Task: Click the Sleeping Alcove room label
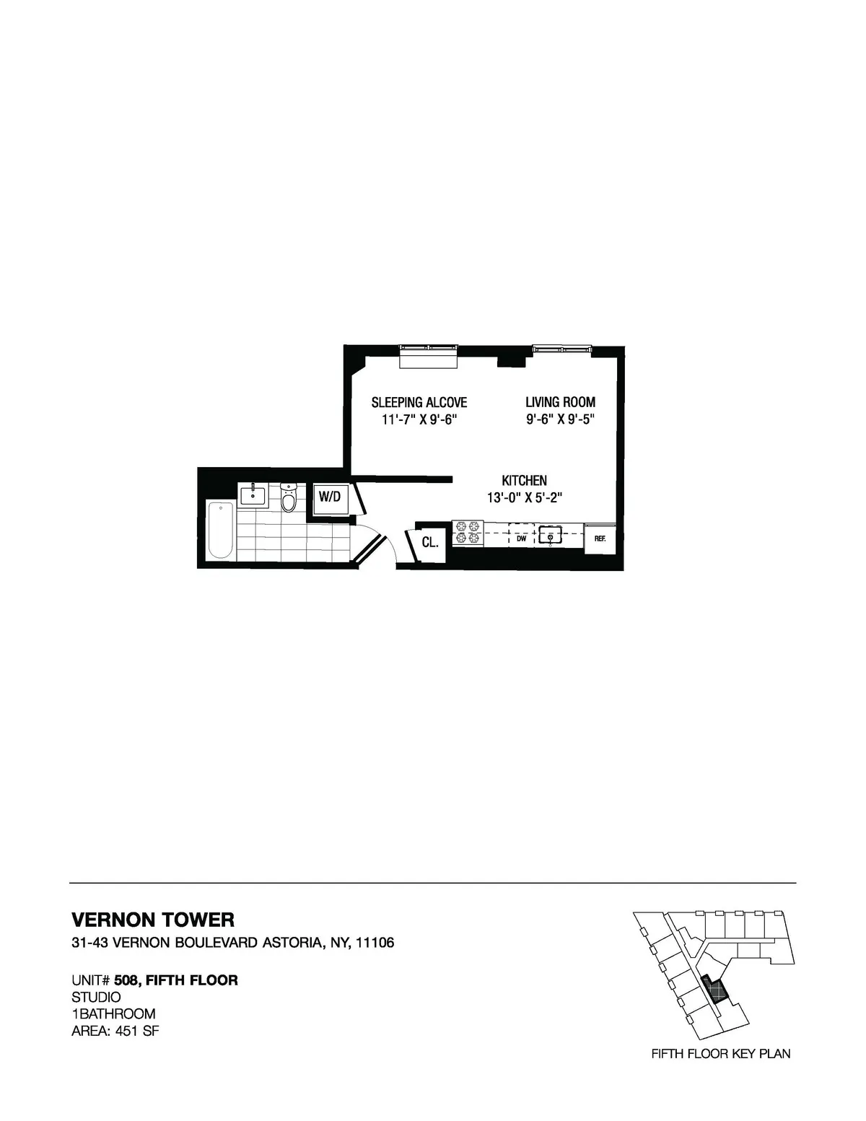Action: [x=419, y=402]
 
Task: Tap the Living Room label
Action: [x=560, y=402]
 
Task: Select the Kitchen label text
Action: [x=524, y=480]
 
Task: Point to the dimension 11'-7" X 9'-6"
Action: [x=419, y=420]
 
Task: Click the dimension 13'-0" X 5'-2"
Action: [x=524, y=497]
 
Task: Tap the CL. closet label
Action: [x=429, y=541]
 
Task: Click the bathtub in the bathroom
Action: [x=221, y=530]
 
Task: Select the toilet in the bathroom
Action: [x=289, y=497]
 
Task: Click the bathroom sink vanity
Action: [x=252, y=495]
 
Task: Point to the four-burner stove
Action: [x=467, y=533]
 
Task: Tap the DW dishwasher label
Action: [x=521, y=538]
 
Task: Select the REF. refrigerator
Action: [x=599, y=538]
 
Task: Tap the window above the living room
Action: [x=561, y=349]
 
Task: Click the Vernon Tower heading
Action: [x=153, y=920]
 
